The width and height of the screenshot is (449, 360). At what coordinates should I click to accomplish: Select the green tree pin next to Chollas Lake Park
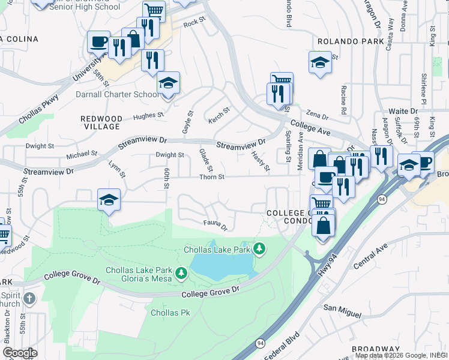point(259,248)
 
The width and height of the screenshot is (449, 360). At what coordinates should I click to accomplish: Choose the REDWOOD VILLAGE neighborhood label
point(101,123)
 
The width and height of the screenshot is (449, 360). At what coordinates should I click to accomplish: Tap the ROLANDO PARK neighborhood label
point(350,41)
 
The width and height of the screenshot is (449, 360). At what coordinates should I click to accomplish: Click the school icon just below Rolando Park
point(321,62)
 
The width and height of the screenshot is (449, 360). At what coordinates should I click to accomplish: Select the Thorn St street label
point(211,177)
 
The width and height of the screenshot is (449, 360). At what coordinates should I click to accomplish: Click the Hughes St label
point(148,116)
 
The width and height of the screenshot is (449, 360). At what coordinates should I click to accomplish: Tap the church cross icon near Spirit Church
point(29,299)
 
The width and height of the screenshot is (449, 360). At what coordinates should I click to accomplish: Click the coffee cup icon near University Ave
point(98,41)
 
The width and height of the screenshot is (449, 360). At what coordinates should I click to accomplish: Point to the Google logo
point(19,353)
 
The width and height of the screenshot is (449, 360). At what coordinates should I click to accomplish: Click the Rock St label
point(194,23)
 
